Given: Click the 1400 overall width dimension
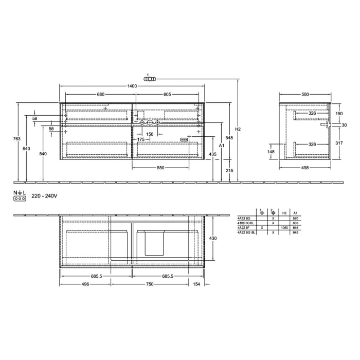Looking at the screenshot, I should coord(132,86).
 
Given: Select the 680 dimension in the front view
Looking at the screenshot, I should coord(101,94).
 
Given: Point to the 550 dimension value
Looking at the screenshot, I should coord(160,168).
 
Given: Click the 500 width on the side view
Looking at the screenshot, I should coord(305,94).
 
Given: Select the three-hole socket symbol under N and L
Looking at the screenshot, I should coord(20,198).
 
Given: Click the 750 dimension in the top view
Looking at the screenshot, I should coord(149,284).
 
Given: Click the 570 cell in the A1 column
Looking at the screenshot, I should coord(295,218).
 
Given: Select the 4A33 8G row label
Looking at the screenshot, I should coord(243,218).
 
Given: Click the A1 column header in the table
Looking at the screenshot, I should coord(295,212).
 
